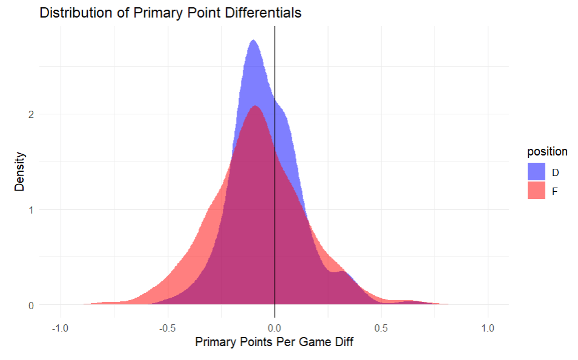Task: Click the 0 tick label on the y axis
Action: [x=31, y=306]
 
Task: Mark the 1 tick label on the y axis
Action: [x=31, y=210]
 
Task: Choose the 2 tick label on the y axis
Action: [x=31, y=114]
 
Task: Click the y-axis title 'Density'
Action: [x=19, y=172]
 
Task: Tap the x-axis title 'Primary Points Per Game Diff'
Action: [x=274, y=342]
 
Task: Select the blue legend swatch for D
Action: [x=537, y=172]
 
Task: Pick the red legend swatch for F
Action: [x=537, y=191]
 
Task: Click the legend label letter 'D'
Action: [x=556, y=172]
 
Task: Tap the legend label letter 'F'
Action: [x=555, y=191]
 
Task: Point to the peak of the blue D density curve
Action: [x=253, y=41]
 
